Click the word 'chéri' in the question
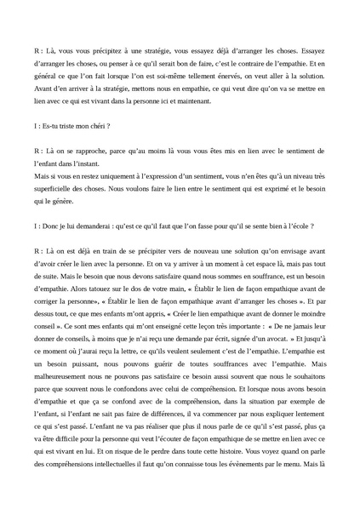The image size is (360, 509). (96, 125)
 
